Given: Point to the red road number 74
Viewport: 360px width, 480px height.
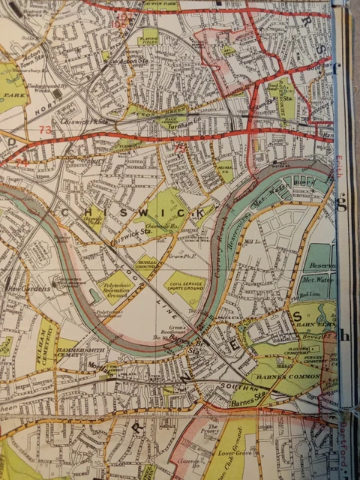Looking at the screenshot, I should point(22,160).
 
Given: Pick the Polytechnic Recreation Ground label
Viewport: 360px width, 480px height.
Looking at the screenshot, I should point(114,289).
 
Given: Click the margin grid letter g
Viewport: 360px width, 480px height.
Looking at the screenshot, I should point(341,204).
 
